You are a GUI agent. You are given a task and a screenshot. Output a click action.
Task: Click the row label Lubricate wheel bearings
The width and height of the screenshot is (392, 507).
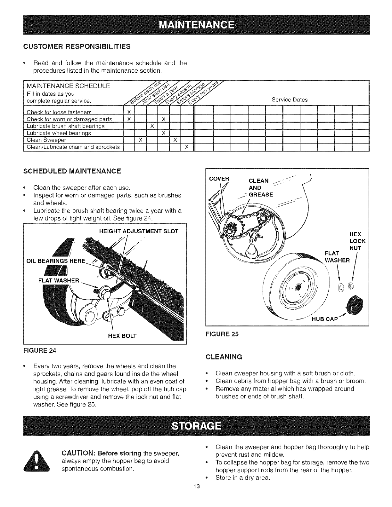pyautogui.click(x=59, y=133)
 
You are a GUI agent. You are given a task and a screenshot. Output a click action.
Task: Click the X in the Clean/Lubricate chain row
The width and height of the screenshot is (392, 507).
pyautogui.click(x=187, y=147)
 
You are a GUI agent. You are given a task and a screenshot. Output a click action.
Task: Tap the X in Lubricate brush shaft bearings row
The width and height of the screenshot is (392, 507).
pyautogui.click(x=152, y=126)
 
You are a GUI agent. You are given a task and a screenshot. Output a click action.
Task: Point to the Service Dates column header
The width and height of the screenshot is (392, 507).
pyautogui.click(x=289, y=100)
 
